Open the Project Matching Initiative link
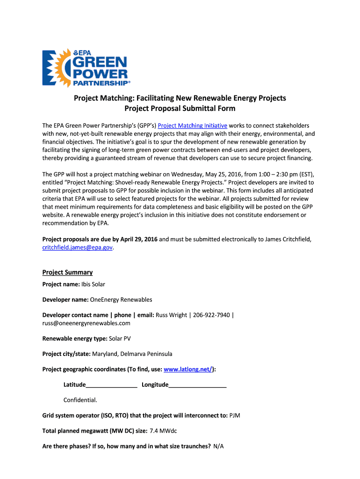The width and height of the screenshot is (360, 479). [193, 125]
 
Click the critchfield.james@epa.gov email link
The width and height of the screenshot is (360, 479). [78, 247]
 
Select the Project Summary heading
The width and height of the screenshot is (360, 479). [67, 272]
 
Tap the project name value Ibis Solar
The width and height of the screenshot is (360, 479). [93, 284]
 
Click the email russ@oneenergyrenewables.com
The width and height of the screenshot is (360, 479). [86, 323]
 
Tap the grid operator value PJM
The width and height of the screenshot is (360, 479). [235, 415]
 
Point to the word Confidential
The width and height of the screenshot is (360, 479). [80, 400]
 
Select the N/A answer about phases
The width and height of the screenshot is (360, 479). [218, 446]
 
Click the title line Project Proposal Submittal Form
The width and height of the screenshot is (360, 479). [180, 109]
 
